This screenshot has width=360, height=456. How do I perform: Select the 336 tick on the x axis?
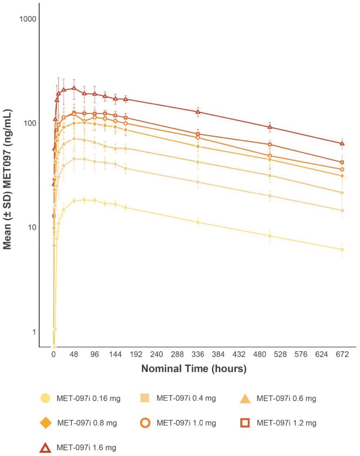coord(198,355)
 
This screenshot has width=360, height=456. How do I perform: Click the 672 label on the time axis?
coord(342,355)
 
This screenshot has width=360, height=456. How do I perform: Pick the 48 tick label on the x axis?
coord(74,355)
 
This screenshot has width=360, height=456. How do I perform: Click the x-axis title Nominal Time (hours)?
coord(194,369)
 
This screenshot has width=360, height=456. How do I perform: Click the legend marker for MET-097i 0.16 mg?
coord(46,399)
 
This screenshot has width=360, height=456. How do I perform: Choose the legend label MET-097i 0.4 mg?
coord(186,399)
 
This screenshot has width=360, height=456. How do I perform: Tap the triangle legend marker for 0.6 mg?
coord(246,399)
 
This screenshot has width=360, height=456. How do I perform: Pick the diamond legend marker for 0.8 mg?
coord(46,423)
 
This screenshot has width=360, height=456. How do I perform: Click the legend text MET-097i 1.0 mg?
coord(186,423)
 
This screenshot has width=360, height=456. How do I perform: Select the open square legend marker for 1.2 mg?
coord(246,423)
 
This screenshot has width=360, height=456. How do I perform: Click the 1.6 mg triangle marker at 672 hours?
coord(342,143)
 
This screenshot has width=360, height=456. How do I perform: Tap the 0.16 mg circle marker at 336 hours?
coord(198,222)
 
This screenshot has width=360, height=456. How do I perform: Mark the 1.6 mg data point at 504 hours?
coord(270,127)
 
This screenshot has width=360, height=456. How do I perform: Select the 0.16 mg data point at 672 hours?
coord(342,249)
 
